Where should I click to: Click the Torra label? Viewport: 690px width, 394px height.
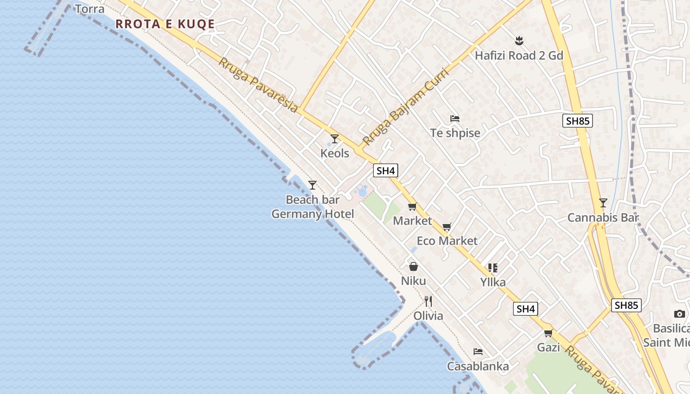pos(90,9)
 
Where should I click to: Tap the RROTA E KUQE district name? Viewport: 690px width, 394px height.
pos(165,24)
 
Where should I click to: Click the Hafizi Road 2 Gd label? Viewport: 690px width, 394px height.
pos(518,55)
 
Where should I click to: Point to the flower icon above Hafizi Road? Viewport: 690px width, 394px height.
pos(518,40)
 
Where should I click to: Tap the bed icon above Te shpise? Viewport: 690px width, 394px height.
pos(455,119)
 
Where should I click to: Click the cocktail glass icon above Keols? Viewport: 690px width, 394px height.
pos(335,139)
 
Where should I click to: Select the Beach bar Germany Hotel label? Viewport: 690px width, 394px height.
pos(312,207)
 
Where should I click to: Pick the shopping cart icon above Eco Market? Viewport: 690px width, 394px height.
pos(447,227)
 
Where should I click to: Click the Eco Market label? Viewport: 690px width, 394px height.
pos(447,241)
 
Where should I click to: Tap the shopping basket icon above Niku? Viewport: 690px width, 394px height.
pos(414,266)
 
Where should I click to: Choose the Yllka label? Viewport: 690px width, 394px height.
pos(493,282)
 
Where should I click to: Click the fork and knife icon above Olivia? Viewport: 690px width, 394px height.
pos(428,301)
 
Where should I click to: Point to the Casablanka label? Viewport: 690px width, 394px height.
pos(478,366)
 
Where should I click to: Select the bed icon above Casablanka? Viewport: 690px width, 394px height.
pos(478,352)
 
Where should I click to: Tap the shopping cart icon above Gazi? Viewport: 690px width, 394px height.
pos(548,333)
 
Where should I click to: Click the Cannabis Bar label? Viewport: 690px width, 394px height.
pos(603,217)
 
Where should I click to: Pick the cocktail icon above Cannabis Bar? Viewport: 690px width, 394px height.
pos(603,202)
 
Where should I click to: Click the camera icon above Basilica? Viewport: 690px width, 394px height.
pos(680,314)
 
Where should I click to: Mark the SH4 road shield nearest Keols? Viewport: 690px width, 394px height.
pos(385,171)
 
